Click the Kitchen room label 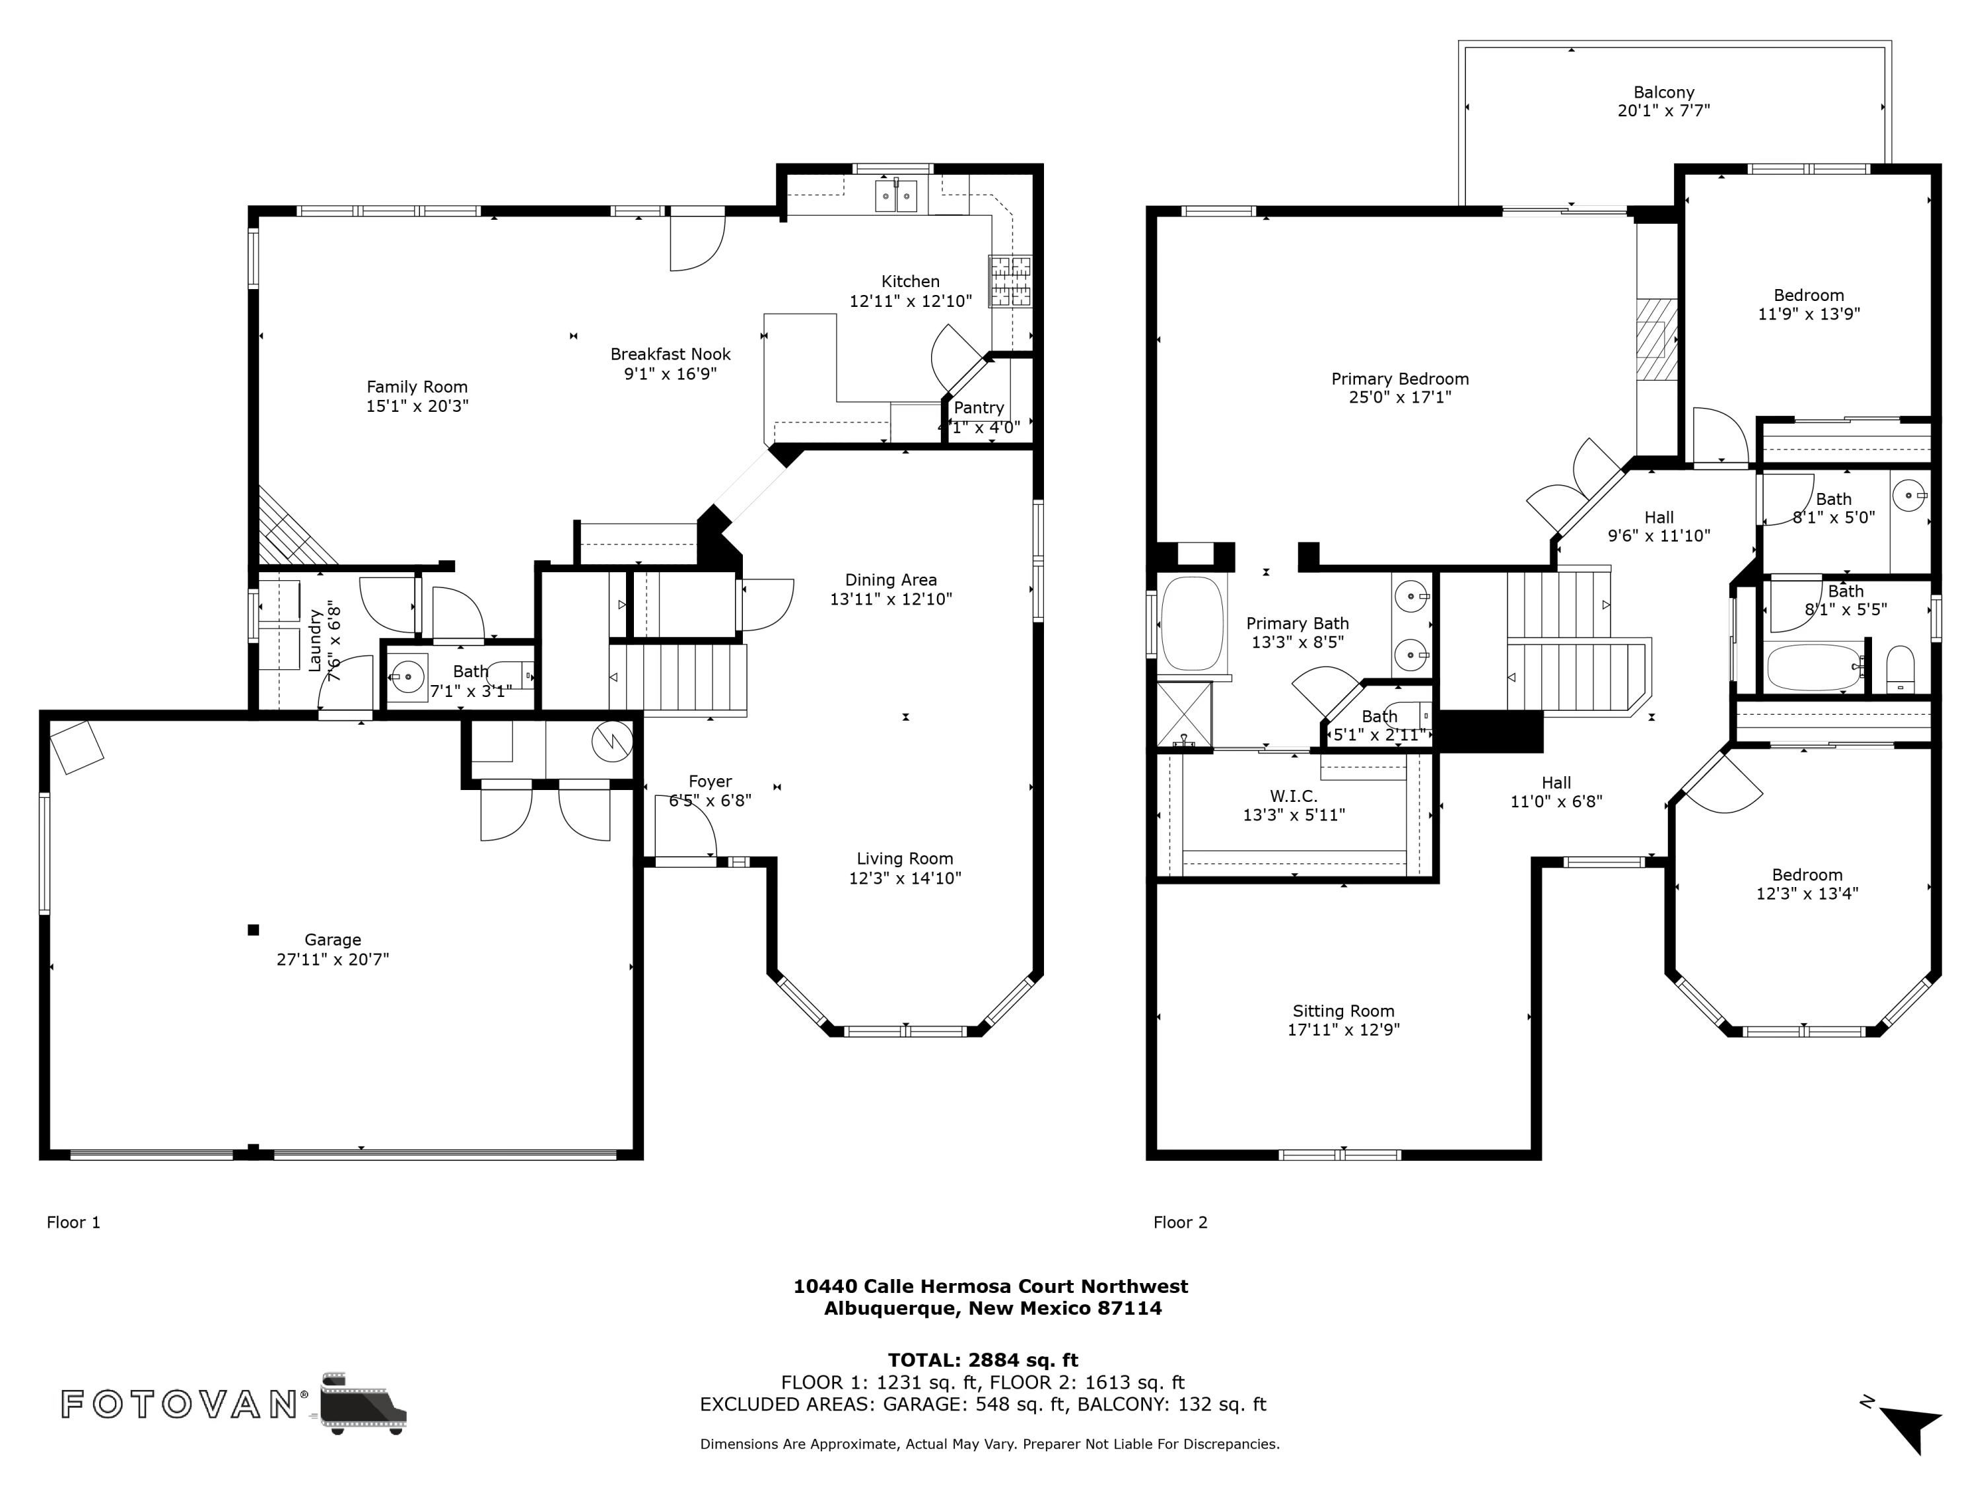tap(910, 281)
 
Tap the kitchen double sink tap(895, 196)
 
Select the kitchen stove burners tap(1010, 281)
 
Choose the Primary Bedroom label tap(1400, 379)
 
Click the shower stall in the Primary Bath tap(1184, 714)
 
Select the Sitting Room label tap(1343, 1010)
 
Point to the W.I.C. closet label tap(1293, 796)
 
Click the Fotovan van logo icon tap(363, 1402)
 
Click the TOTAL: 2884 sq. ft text tap(983, 1360)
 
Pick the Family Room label tap(417, 387)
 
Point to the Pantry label tap(978, 407)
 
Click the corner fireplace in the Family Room tap(291, 528)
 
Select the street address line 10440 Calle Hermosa tap(990, 1286)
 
